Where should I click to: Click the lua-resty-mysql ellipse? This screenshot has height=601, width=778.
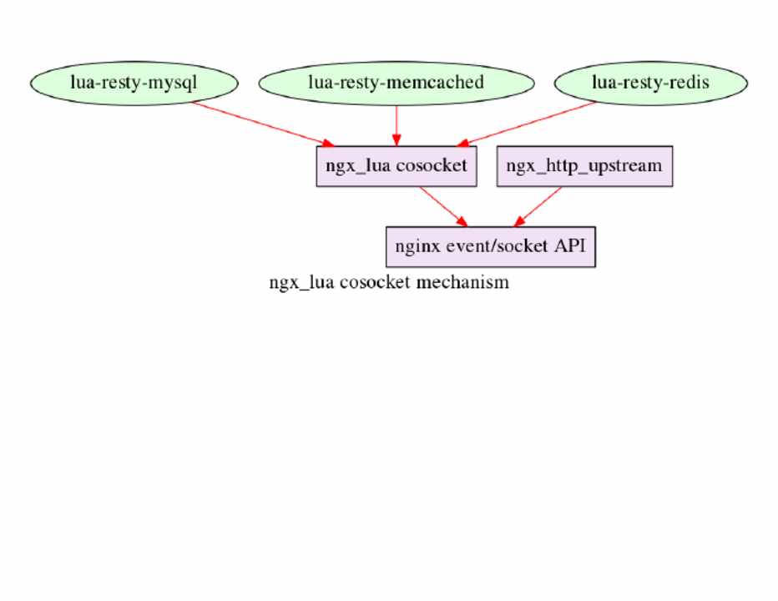134,83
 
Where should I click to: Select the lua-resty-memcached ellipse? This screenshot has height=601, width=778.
396,83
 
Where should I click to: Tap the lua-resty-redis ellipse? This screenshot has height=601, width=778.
650,83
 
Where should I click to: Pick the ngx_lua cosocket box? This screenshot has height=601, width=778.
396,165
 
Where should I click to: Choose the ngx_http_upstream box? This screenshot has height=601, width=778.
584,165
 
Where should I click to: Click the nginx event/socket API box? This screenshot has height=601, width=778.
490,246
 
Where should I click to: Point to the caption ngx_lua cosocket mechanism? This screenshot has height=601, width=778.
388,282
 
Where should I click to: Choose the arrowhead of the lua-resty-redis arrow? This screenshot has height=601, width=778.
462,144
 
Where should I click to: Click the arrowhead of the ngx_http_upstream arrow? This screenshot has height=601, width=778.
519,221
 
